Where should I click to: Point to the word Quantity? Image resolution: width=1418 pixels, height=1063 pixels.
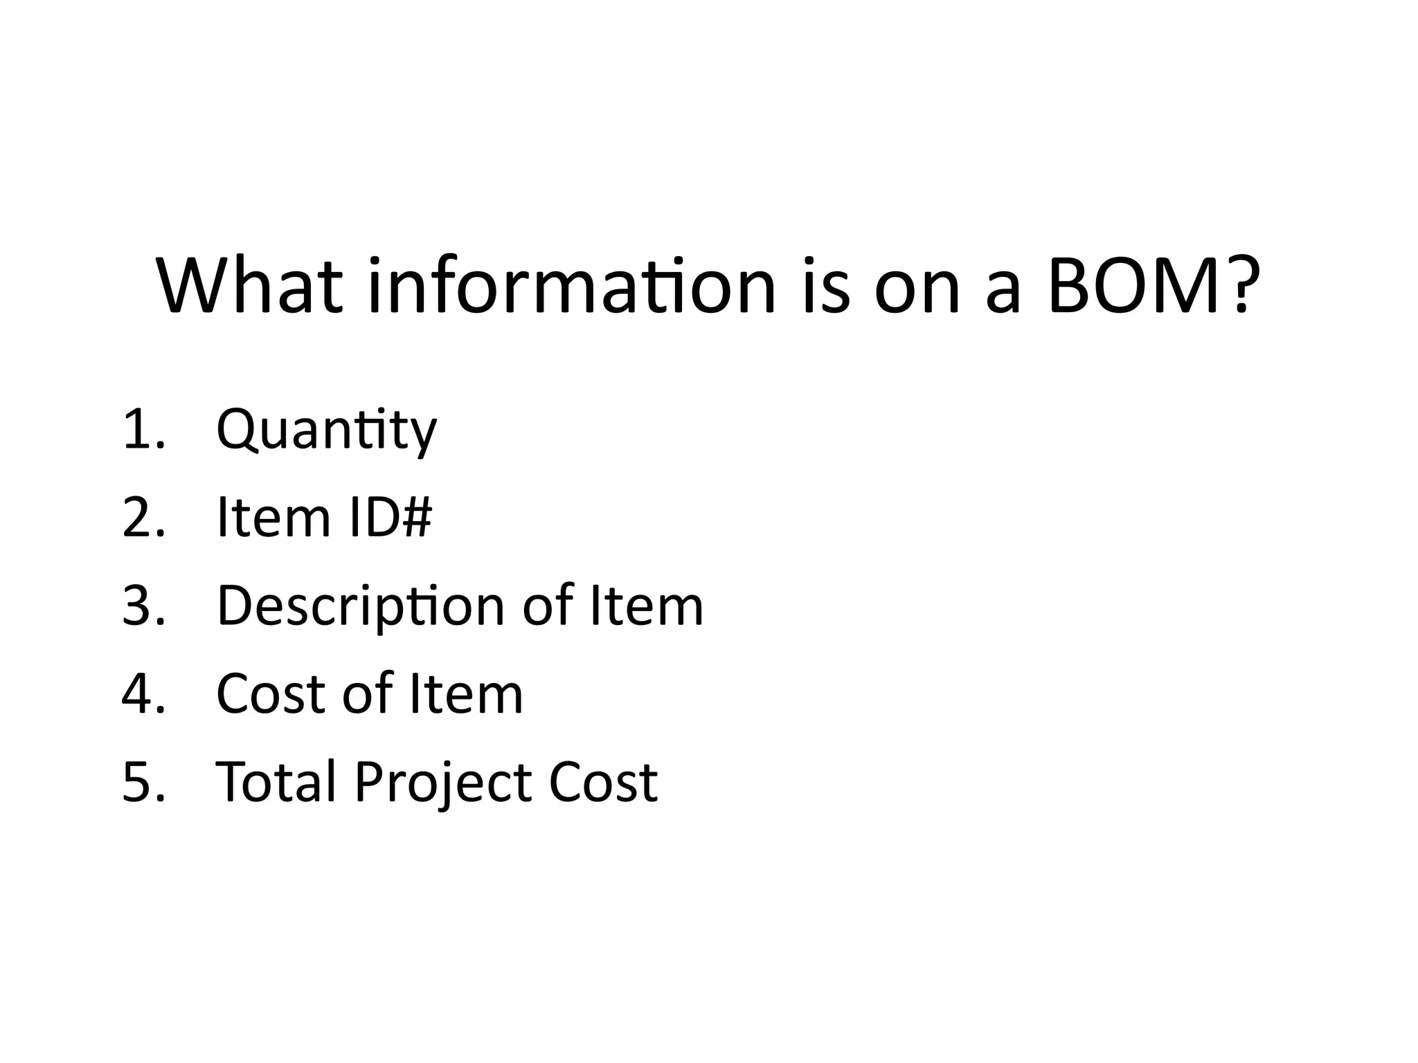tap(326, 430)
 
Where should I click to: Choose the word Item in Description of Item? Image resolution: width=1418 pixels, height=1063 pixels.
tap(647, 606)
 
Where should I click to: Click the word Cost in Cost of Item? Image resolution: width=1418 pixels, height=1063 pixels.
tap(271, 693)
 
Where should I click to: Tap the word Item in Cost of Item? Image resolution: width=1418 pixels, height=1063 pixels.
tap(466, 693)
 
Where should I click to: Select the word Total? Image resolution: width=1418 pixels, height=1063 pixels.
tap(277, 782)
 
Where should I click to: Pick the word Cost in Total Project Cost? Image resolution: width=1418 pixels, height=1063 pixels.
tap(603, 782)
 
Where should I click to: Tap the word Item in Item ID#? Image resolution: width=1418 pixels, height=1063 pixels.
tap(274, 517)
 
